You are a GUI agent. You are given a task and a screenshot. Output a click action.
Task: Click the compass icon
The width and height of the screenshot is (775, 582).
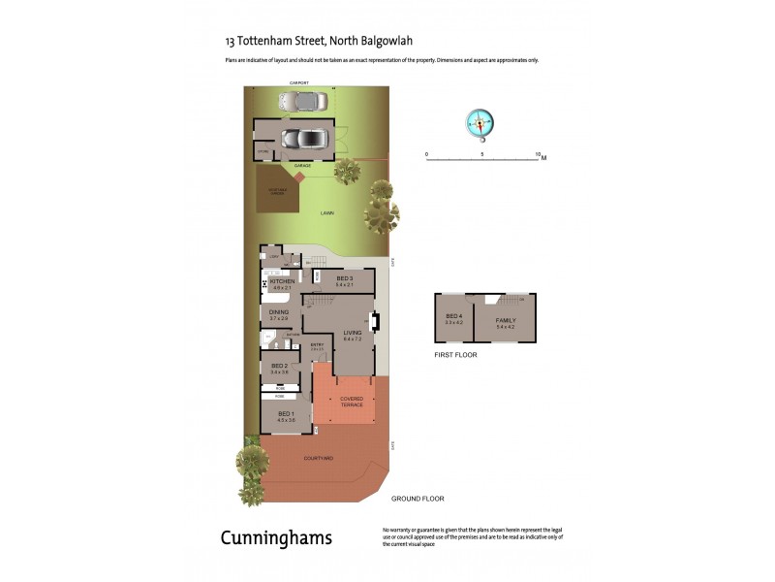480,122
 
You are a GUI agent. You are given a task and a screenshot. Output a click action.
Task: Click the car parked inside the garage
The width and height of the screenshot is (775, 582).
303,139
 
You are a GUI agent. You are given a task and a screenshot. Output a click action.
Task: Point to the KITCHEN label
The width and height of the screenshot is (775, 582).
282,281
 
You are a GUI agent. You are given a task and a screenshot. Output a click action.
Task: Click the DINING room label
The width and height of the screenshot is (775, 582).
279,312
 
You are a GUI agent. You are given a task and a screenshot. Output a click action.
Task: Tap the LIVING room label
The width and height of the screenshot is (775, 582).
352,333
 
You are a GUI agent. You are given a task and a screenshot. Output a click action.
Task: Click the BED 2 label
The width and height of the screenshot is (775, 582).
280,366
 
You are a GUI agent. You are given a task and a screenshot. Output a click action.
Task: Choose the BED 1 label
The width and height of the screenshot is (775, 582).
286,414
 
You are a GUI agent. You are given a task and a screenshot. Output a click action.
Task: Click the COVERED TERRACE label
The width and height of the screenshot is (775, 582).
351,402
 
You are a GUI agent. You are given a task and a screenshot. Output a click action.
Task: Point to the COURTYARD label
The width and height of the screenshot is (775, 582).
319,457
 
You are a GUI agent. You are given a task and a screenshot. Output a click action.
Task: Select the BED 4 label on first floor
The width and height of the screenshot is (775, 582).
453,317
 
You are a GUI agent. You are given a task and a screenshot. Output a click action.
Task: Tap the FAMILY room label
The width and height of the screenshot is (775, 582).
506,320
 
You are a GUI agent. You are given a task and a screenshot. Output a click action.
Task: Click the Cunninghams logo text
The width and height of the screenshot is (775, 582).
276,537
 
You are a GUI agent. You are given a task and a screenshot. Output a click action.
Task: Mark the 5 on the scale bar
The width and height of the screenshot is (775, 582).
482,153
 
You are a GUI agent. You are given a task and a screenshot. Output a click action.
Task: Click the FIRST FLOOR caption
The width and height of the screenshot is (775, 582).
455,355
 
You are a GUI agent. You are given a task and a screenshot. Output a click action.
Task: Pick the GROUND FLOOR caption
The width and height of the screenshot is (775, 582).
418,499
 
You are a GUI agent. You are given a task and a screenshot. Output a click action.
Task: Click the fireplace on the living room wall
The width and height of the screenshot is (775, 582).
377,322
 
